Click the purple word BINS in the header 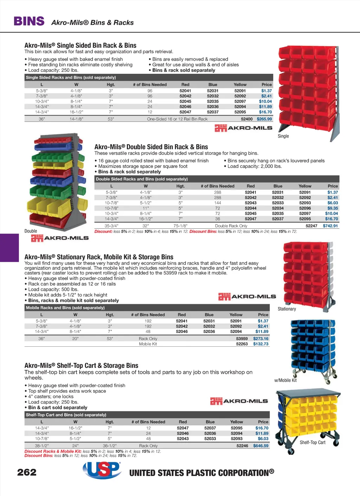pos(29,21)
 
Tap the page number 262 pos(27,472)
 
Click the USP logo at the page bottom pos(102,470)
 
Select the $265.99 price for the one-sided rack pos(264,119)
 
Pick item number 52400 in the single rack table pos(247,119)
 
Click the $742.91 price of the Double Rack pos(330,226)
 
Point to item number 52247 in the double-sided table pos(311,226)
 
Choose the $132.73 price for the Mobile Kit pos(261,344)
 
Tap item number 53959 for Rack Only pos(242,339)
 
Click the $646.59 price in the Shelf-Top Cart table pos(261,446)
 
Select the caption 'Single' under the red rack pos(283,136)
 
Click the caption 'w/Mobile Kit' pos(285,380)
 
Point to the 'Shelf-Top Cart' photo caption pos(313,443)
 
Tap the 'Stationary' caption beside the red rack pos(287,309)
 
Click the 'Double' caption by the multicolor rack pos(31,231)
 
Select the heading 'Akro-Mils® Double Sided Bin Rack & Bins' pos(151,147)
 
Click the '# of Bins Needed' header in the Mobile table pos(148,315)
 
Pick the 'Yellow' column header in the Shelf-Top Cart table pos(237,422)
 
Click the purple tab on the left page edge pos(9,248)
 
